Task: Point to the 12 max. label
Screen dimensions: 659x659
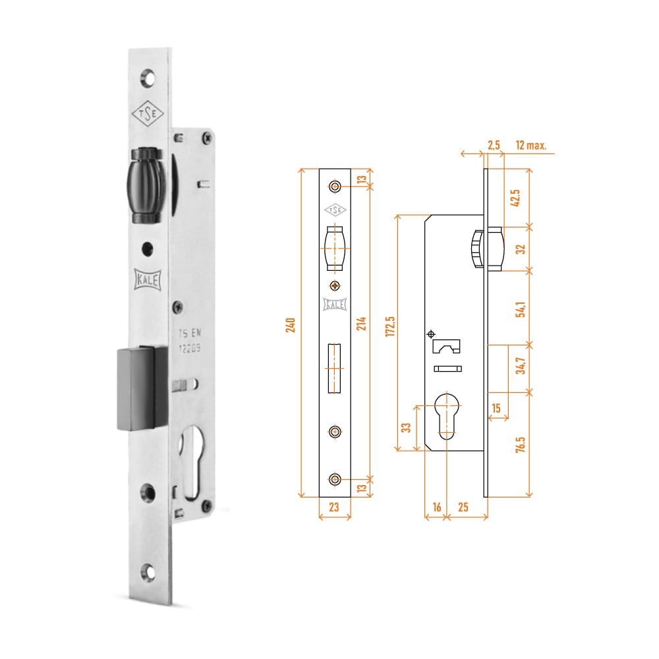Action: click(530, 145)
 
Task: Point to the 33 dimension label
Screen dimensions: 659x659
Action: click(407, 428)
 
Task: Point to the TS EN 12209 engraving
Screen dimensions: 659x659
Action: click(191, 341)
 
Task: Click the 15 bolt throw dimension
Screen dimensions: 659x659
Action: click(496, 409)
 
